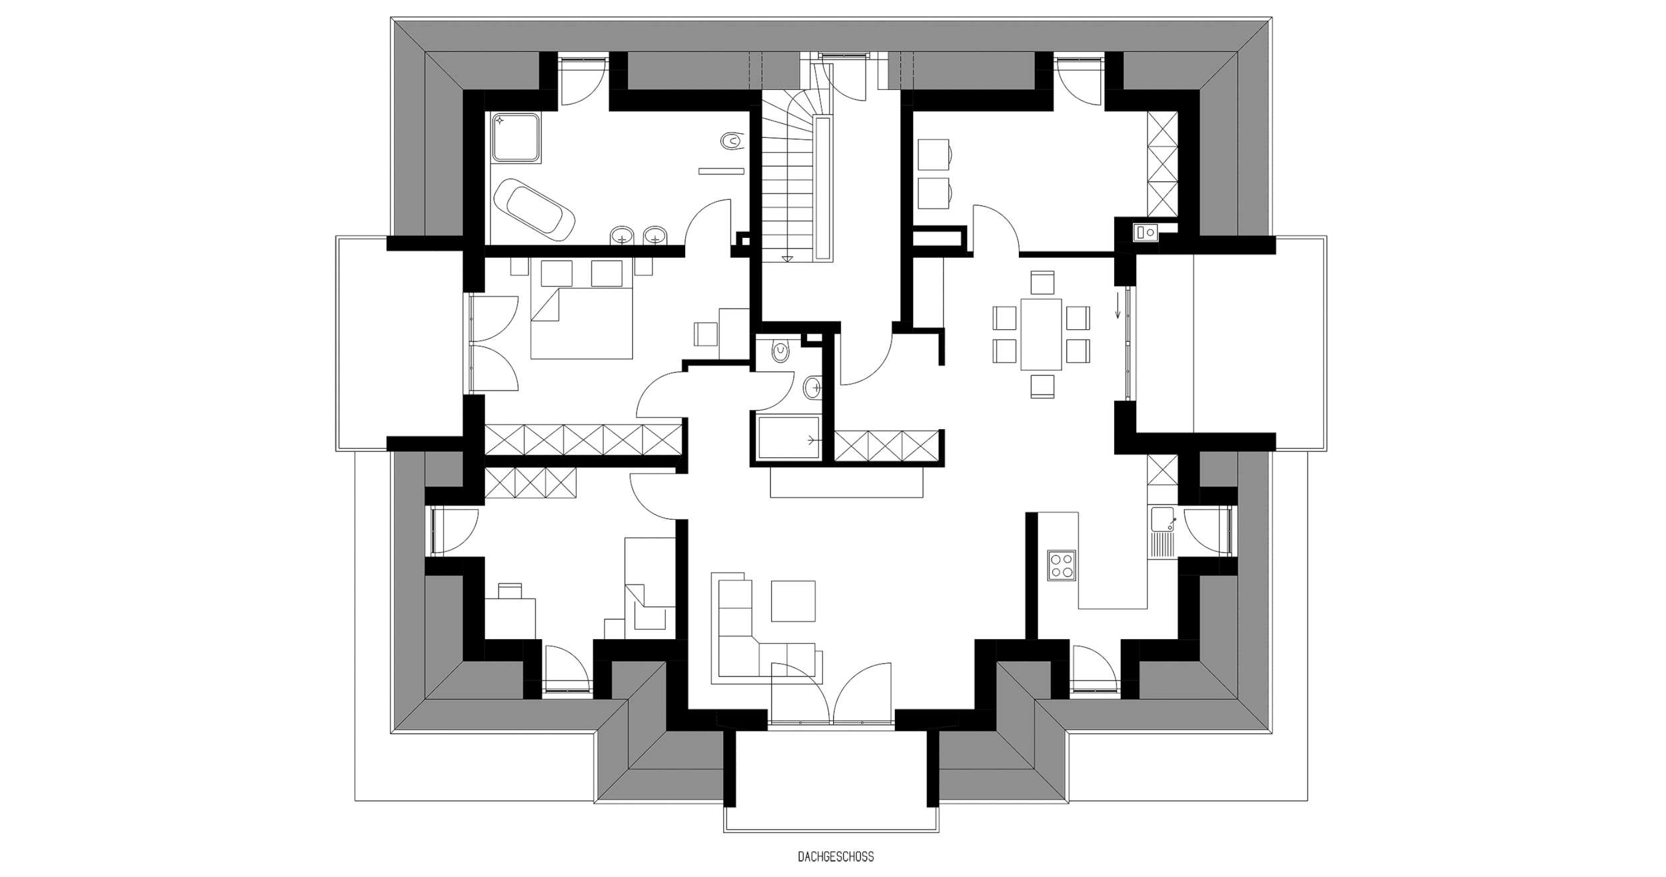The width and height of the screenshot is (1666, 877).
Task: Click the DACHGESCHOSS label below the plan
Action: point(835,857)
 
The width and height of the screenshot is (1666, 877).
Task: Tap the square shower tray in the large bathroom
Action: point(516,138)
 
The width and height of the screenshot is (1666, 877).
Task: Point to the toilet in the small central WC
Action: point(778,351)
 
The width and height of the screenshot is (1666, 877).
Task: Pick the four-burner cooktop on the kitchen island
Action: point(1061,565)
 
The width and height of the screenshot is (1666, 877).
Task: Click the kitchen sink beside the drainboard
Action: point(1162,520)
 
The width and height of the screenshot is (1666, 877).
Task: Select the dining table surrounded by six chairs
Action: point(1041,335)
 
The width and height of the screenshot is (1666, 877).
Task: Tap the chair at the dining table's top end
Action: point(1042,282)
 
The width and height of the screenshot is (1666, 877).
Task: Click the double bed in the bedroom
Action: point(581,323)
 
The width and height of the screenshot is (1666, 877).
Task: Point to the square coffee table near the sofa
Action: point(793,601)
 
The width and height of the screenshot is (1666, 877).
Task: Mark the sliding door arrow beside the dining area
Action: point(1118,305)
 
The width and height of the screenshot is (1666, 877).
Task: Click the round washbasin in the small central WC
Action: point(812,387)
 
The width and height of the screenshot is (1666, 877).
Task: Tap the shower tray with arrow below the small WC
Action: point(788,437)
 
